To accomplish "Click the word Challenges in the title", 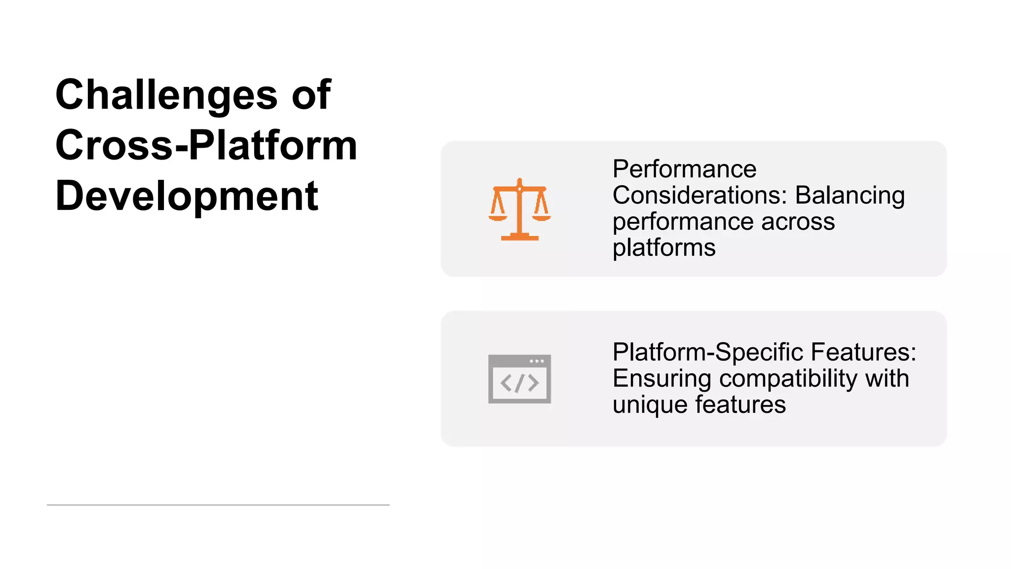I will tap(166, 95).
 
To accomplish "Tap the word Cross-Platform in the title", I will tap(206, 145).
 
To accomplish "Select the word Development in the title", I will tap(187, 196).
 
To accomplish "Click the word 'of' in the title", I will tap(311, 95).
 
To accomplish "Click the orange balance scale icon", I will tap(519, 209).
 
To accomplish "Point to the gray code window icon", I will tap(519, 379).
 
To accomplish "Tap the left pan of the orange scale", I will tap(498, 217).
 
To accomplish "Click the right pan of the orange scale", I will tap(542, 217).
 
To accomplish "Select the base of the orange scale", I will tap(519, 238).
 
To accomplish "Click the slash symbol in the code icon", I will tap(519, 383).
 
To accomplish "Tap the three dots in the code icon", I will tap(537, 361).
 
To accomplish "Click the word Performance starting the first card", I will tap(684, 169).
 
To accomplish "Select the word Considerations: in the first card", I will tap(700, 196).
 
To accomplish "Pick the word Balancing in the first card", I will tap(850, 196).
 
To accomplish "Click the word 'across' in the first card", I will tap(798, 222).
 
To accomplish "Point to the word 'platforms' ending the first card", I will tap(664, 248).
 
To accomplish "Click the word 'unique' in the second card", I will tap(650, 405).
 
